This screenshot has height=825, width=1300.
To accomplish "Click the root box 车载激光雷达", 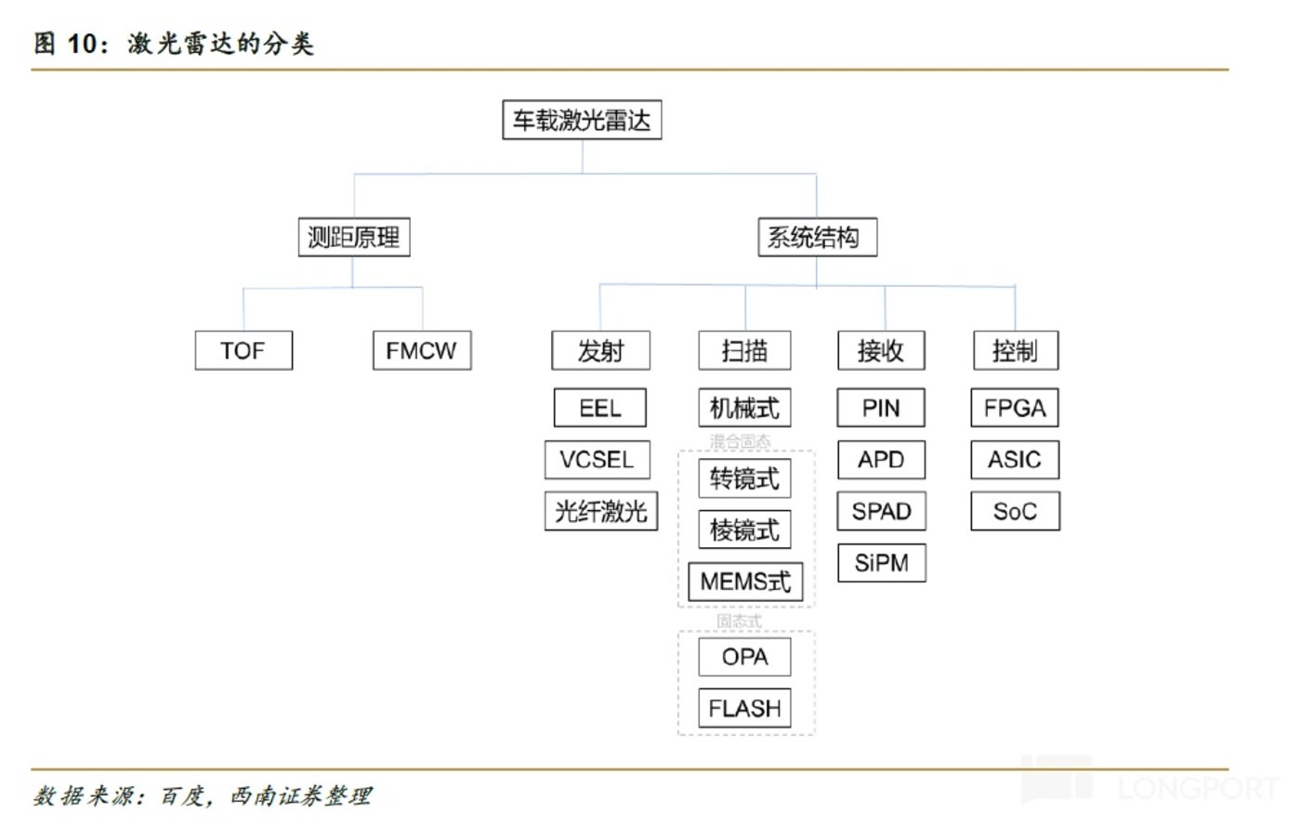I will coord(582,120).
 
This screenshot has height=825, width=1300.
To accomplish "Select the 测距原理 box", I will coord(353,237).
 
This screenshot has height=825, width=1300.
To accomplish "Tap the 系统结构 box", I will coord(817,237).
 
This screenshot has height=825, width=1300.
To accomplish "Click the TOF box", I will coord(243,350).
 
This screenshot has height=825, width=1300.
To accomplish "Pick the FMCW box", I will coord(422,350).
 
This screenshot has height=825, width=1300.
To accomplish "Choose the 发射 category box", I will coord(600,350).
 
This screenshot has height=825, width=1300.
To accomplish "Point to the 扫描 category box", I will coord(744,350).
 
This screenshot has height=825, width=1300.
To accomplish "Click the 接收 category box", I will coord(881,350).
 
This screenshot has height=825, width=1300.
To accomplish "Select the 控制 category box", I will coord(1015,350).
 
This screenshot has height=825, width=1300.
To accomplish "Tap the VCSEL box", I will coord(597,459).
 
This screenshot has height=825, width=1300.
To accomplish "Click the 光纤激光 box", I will coord(600,511).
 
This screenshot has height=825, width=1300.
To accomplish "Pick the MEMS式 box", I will coord(745,582).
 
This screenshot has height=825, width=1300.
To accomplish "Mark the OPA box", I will coord(744,657).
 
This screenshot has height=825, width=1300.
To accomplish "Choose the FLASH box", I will coord(744,708).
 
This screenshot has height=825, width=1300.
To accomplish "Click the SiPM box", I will coord(881,563).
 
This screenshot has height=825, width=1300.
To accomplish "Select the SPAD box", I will coord(881,511).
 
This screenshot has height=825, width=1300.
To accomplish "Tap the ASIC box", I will coord(1015,459).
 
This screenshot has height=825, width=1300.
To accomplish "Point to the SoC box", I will coord(1015,511).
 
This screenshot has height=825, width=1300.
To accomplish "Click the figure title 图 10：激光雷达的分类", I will coord(175,43).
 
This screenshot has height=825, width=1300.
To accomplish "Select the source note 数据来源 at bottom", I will coord(203,795).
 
